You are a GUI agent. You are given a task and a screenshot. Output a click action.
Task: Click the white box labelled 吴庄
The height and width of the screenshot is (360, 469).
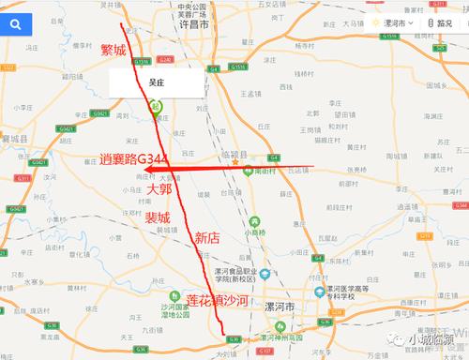point(156,82)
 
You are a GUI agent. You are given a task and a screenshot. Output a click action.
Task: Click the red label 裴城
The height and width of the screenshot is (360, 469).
point(158,217)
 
